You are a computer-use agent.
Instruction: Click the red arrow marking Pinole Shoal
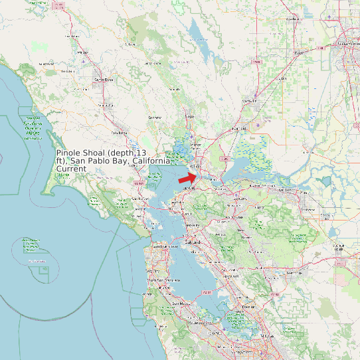pyautogui.click(x=188, y=177)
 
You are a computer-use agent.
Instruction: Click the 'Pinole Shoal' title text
pyautogui.click(x=113, y=160)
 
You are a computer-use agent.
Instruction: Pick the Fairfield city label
pyautogui.click(x=239, y=127)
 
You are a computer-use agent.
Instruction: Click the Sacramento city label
pyautogui.click(x=347, y=45)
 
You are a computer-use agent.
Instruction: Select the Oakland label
pyautogui.click(x=193, y=243)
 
